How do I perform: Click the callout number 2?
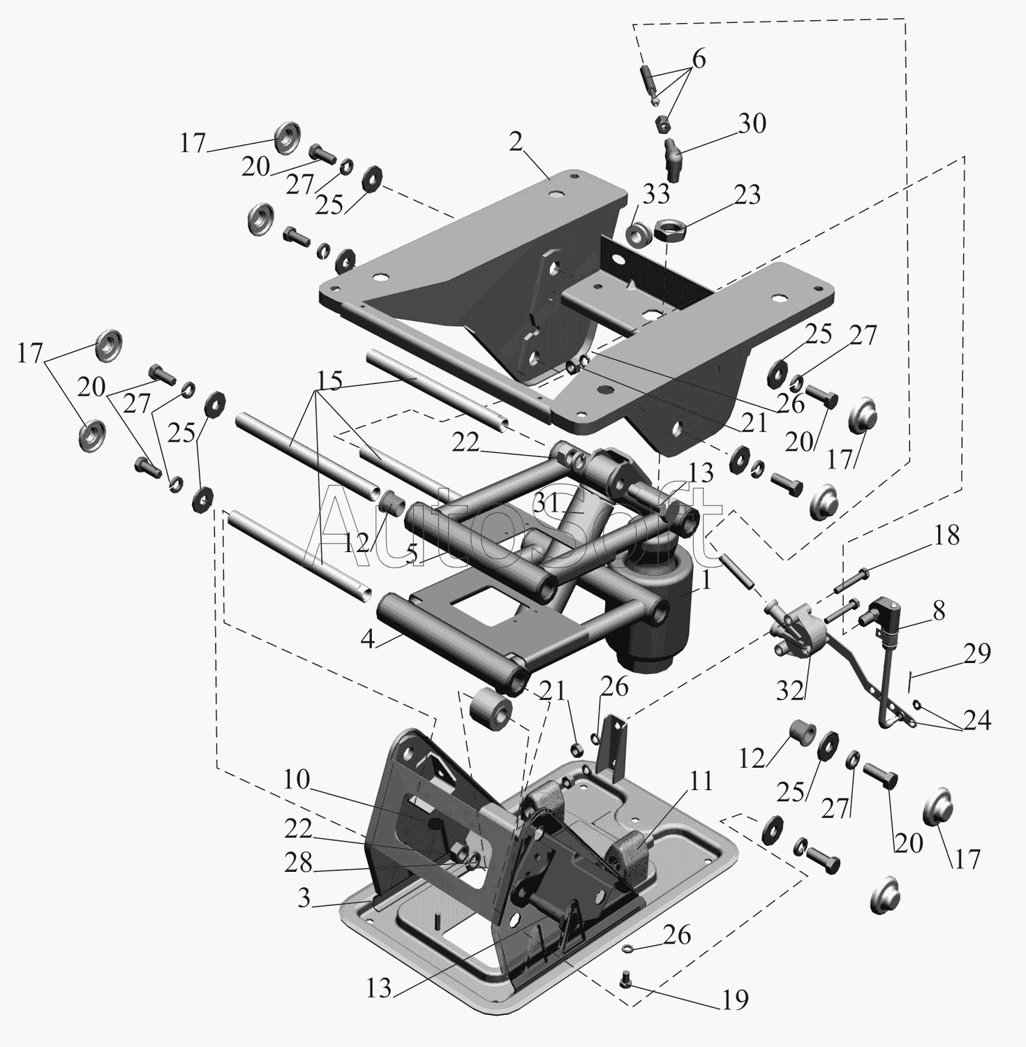pos(516,142)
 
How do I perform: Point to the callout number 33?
pos(656,195)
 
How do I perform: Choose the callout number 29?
pos(977,654)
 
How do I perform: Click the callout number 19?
pos(734,1000)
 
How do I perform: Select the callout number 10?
pos(296,780)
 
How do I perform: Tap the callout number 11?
pos(701,781)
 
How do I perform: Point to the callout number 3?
pos(303,898)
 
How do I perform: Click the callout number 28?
pos(298,863)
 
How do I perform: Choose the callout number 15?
pos(329,381)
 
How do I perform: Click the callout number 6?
pos(698,60)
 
